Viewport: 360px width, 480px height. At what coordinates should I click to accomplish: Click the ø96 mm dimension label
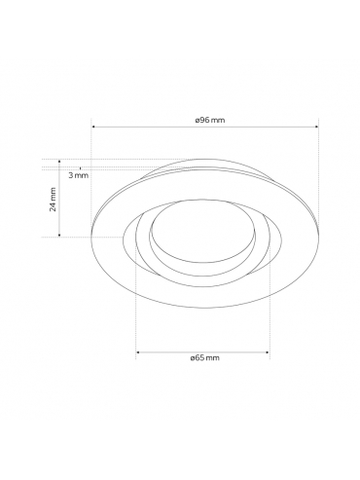pyautogui.click(x=210, y=120)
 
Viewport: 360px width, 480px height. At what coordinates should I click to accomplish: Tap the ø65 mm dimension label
pyautogui.click(x=204, y=358)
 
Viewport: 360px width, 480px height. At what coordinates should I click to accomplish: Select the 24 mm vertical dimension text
pyautogui.click(x=53, y=200)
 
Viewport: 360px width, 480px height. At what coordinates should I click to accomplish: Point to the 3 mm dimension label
pyautogui.click(x=79, y=175)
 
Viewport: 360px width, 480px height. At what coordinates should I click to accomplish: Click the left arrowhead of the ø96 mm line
pyautogui.click(x=93, y=127)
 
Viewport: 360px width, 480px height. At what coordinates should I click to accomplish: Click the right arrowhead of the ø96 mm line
pyautogui.click(x=317, y=127)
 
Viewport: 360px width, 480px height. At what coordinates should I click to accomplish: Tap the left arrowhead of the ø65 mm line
pyautogui.click(x=137, y=351)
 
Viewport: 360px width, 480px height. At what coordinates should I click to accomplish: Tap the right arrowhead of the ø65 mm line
pyautogui.click(x=268, y=351)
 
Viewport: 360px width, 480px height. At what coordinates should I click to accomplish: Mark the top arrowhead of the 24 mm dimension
pyautogui.click(x=59, y=161)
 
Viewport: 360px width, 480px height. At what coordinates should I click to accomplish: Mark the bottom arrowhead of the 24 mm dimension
pyautogui.click(x=59, y=235)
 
